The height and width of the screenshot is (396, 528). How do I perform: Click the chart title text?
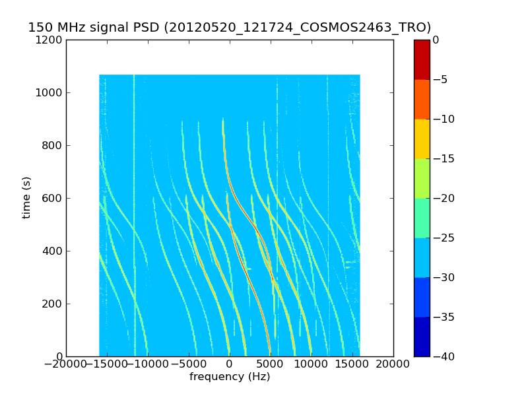point(229,28)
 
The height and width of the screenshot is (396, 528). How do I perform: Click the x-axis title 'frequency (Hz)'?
point(230,377)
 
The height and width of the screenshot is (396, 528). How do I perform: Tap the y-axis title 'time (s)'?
point(26,197)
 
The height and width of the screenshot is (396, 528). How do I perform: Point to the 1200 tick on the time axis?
point(50,40)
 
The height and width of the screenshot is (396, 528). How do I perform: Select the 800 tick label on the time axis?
point(53,145)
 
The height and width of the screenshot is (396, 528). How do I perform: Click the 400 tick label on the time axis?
point(53,251)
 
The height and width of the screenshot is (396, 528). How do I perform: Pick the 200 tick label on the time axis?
point(53,304)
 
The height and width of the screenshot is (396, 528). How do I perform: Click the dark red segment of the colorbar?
point(422,59)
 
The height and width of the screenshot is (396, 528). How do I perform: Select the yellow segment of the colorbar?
point(422,139)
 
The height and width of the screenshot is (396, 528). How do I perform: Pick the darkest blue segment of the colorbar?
point(422,337)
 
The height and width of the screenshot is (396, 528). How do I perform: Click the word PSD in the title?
point(148,28)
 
